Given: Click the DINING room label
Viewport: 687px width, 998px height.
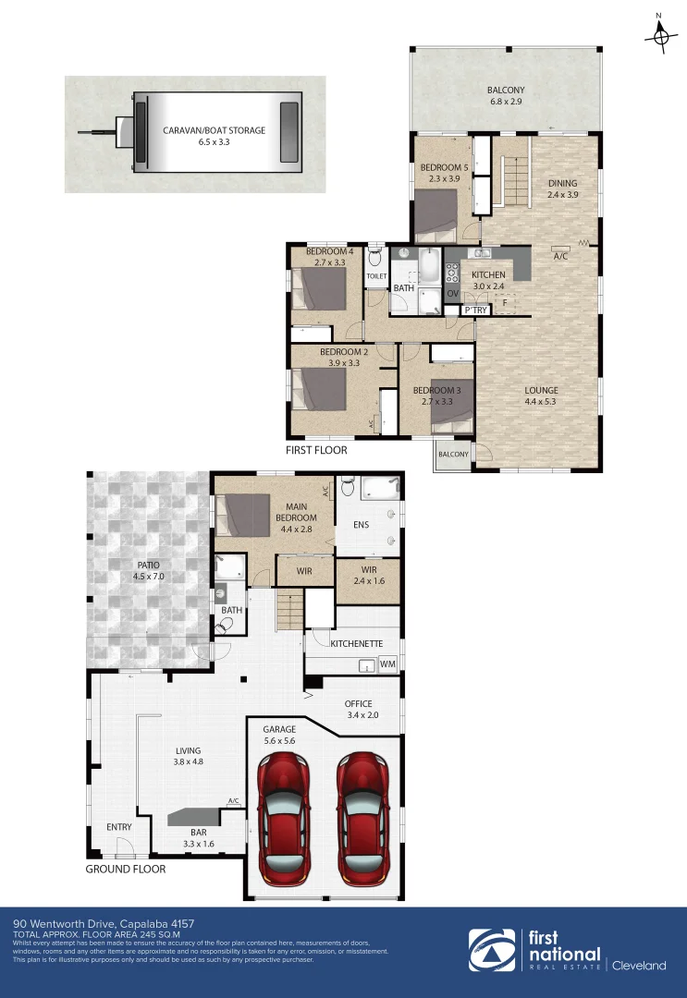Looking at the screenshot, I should tap(561, 189).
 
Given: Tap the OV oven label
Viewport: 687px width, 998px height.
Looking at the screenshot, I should tap(453, 293).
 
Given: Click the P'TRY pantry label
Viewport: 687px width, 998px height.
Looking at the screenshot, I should tap(475, 310).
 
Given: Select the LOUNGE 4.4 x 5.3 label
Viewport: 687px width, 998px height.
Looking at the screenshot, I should tap(541, 396).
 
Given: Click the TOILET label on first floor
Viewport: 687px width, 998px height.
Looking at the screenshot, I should tap(376, 276).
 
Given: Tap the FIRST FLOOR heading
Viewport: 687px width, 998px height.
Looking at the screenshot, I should tap(316, 450).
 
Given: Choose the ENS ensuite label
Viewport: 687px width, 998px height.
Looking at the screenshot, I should tap(361, 525).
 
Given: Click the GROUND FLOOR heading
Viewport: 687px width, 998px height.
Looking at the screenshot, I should tap(126, 869).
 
